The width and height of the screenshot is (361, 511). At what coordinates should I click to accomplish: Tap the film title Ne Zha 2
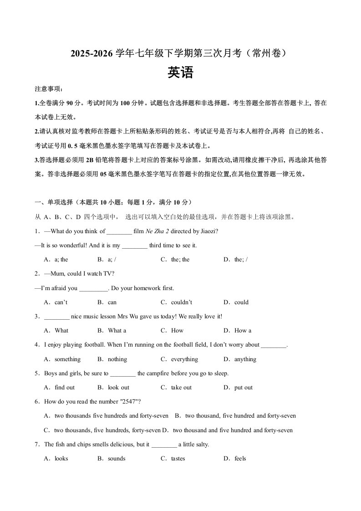(157, 231)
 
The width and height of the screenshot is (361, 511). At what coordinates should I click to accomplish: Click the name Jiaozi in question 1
(208, 231)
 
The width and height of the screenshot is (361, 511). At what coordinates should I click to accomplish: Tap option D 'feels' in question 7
(240, 459)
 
